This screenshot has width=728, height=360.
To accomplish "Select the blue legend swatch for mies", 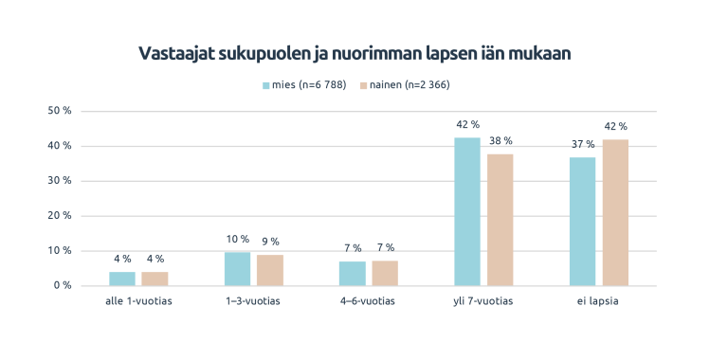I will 266,85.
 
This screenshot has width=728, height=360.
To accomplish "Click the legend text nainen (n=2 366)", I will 409,85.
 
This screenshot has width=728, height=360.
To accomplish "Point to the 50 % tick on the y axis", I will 60,111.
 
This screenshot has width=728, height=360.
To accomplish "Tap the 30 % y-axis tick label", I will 60,181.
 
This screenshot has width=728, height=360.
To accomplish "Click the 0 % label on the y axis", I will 63,285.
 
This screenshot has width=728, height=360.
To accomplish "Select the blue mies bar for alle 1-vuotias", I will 122,279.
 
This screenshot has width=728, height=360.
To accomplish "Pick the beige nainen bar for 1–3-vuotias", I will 270,270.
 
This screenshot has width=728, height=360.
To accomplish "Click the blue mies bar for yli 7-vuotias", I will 467,211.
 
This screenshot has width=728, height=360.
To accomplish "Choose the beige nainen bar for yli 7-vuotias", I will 500,219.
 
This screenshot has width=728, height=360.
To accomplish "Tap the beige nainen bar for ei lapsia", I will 615,212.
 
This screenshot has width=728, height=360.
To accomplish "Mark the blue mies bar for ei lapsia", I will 583,221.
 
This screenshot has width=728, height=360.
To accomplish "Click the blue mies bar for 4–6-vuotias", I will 353,273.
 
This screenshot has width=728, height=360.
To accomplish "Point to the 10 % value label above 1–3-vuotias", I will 238,240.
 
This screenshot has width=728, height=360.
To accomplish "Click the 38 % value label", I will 500,141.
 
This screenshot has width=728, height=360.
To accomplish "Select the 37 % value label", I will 583,144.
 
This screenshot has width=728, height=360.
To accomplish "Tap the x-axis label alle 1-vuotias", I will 138,301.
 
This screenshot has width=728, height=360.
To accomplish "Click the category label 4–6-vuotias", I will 369,301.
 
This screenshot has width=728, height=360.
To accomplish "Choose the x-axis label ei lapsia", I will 599,301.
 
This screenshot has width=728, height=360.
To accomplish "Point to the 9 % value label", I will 270,243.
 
